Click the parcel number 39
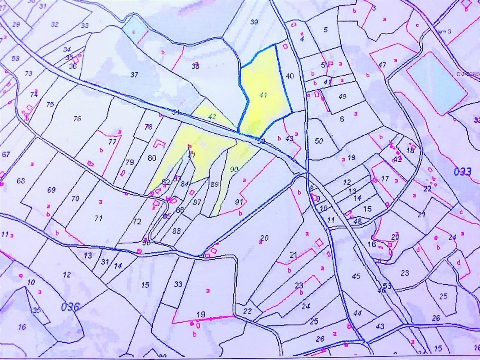pyautogui.click(x=254, y=22)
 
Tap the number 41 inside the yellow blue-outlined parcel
pyautogui.click(x=263, y=95)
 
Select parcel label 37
pyautogui.click(x=134, y=75)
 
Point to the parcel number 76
pyautogui.click(x=77, y=118)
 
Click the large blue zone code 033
pyautogui.click(x=462, y=171)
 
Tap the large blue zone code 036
pyautogui.click(x=70, y=307)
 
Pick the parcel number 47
pyautogui.click(x=382, y=65)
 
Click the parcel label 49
pyautogui.click(x=342, y=96)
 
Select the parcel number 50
pyautogui.click(x=319, y=141)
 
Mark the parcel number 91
pyautogui.click(x=239, y=202)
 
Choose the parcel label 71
pyautogui.click(x=98, y=218)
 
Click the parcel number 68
pyautogui.click(x=21, y=180)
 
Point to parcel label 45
pyautogui.click(x=356, y=276)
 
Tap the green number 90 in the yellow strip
pyautogui.click(x=234, y=169)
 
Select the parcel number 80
pyautogui.click(x=152, y=158)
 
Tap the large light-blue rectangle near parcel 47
pyautogui.click(x=436, y=82)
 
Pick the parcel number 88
pyautogui.click(x=176, y=231)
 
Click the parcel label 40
pyautogui.click(x=290, y=76)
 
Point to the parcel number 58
pyautogui.click(x=15, y=58)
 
